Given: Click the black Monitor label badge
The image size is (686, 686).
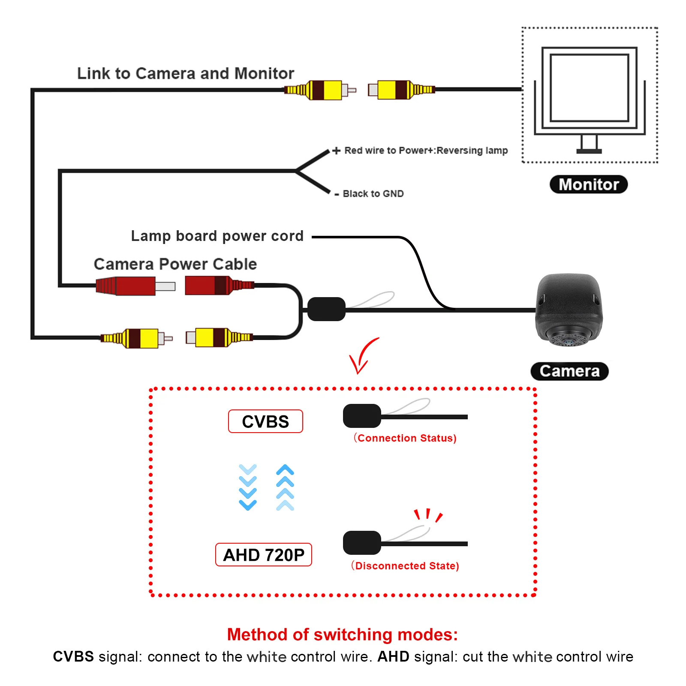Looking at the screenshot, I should tap(588, 184).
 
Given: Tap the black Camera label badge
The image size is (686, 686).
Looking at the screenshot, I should tap(569, 371).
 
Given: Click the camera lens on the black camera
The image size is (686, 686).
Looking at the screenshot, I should tap(569, 341).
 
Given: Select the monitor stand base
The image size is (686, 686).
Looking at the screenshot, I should tap(589, 151).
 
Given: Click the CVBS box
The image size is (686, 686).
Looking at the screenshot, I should tap(265, 421).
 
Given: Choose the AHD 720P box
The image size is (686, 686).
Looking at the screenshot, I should tap(264, 555).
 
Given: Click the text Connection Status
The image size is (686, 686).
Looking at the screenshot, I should tap(405, 438).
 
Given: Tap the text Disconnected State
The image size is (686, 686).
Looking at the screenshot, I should tap(405, 566).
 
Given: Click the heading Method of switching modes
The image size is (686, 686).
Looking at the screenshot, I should tap(342, 635).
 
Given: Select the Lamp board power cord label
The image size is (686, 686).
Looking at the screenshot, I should tap(217, 236).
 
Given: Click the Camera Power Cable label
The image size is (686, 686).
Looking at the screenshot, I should tap(175, 264).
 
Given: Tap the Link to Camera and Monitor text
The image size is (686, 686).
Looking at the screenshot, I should tap(186, 73).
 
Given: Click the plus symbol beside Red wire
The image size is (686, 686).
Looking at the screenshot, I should tap(337, 150).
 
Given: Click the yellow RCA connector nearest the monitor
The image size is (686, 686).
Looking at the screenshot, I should tap(401, 90).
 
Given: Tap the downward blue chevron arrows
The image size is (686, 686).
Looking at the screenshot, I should tap(248, 487).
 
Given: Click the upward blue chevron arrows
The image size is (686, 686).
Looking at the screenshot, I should tap(285, 487).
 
